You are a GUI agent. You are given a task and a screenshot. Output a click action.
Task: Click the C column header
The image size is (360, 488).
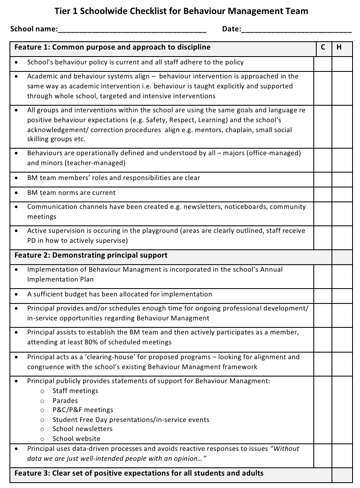323,47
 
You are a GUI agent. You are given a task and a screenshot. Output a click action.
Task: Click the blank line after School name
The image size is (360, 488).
132,30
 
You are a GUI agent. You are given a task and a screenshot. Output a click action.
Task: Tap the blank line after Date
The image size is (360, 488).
296,30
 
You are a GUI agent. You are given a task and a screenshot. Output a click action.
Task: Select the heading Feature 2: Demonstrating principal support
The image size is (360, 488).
91,255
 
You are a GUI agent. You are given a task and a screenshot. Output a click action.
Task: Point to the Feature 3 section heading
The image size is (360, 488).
139,473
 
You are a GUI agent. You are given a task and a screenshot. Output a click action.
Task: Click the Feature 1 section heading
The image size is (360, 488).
112,47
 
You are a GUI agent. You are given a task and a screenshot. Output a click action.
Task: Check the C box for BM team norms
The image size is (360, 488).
323,193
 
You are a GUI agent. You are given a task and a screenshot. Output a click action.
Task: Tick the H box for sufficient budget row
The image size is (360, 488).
342,295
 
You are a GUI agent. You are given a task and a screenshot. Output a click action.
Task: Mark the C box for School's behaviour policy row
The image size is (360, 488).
323,63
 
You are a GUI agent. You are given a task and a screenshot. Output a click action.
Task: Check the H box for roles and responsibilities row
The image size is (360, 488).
342,178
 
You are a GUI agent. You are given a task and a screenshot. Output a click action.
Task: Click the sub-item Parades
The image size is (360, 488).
65,400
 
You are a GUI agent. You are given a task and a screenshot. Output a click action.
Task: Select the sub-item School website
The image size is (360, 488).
76,438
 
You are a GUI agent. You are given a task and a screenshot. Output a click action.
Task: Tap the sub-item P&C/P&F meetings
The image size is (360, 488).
83,410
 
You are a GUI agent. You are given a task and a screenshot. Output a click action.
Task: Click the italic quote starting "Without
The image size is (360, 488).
285,448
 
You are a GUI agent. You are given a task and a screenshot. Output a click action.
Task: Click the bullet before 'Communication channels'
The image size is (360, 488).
16,207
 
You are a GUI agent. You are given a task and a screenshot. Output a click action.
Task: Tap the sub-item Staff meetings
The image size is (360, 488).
75,391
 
